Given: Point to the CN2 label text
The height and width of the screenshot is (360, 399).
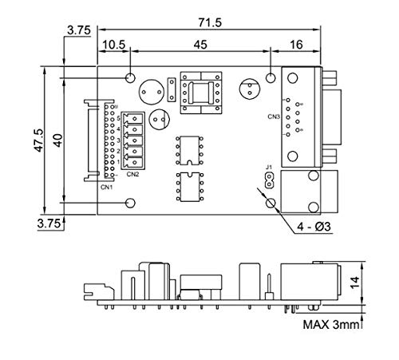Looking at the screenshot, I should point(132,173).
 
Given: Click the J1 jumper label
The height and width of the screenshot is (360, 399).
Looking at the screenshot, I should point(270,169).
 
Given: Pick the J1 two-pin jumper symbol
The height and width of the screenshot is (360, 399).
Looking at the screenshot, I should point(270,181).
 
